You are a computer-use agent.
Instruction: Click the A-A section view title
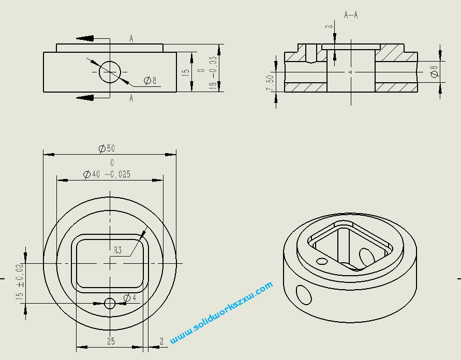[351, 14]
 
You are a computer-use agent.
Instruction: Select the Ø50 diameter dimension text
[107, 148]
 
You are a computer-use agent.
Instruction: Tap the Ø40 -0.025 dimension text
[107, 174]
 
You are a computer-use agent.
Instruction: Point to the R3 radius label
[118, 250]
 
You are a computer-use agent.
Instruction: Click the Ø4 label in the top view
[130, 297]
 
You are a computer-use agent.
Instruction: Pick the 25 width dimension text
[110, 341]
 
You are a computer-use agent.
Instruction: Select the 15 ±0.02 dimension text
[20, 282]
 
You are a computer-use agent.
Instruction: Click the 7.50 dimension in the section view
[269, 83]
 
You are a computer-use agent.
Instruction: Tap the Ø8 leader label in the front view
[150, 80]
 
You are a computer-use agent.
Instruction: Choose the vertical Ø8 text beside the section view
[434, 71]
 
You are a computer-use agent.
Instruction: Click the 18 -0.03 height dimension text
[212, 73]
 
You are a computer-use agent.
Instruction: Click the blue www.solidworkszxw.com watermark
[221, 313]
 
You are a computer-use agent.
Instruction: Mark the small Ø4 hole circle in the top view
[110, 303]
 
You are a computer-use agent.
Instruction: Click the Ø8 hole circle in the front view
[110, 71]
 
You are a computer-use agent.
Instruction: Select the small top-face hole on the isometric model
[322, 261]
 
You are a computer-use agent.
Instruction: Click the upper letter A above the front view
[131, 38]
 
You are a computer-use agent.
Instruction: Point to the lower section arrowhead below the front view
[85, 97]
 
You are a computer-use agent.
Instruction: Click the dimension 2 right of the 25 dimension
[161, 341]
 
